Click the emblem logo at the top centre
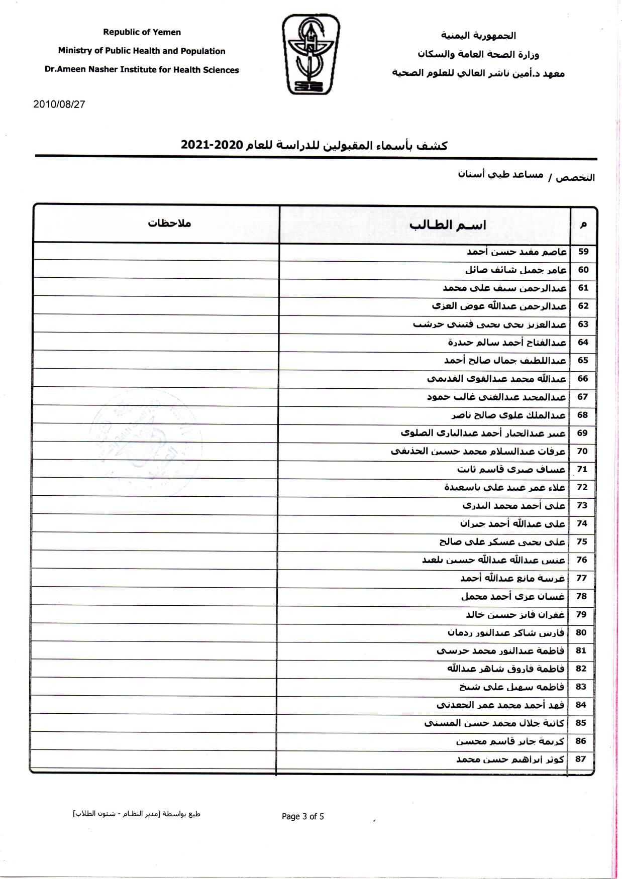tap(310, 54)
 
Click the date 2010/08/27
tap(59, 104)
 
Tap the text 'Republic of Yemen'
tap(142, 32)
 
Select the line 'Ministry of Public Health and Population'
tap(142, 51)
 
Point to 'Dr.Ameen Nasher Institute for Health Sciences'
tap(142, 70)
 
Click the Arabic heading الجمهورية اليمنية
tap(478, 36)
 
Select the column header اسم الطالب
tap(447, 225)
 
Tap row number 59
tap(583, 252)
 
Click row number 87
tap(581, 759)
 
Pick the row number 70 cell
tap(582, 451)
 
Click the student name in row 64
tap(507, 343)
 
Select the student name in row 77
tap(512, 578)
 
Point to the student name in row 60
tap(515, 270)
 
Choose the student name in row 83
tap(511, 687)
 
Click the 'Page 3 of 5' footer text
tap(303, 816)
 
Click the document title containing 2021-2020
tap(314, 146)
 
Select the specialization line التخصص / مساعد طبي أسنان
tap(526, 176)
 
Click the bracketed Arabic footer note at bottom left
tap(136, 814)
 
